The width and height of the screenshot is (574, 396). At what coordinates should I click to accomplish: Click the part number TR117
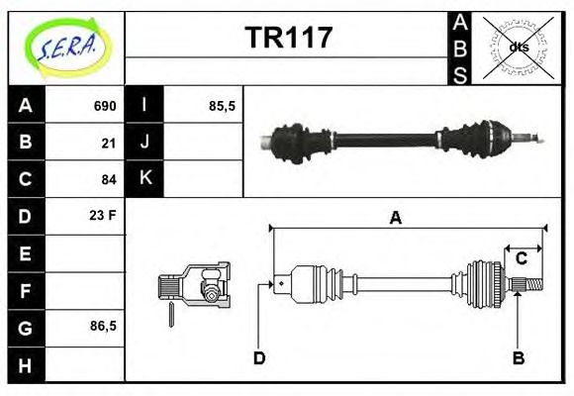point(288,38)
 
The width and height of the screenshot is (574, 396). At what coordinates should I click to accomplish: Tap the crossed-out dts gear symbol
point(519,48)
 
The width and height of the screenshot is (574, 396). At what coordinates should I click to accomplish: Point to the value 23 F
point(103,215)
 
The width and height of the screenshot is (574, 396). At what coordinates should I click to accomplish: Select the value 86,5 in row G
point(103,326)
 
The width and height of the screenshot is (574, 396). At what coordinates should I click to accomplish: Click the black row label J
point(144,143)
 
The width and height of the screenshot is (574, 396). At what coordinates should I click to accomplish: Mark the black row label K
point(144,179)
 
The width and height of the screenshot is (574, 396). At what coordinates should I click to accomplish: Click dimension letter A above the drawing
point(396,218)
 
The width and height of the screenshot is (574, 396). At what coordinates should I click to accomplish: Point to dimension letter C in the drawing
point(521,259)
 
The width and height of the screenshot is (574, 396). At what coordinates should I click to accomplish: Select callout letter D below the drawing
point(259,357)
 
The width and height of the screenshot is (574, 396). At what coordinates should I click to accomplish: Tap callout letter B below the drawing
point(518,357)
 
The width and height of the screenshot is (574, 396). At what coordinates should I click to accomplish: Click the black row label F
point(26,290)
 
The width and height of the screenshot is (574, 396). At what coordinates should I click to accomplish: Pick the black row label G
point(26,327)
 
